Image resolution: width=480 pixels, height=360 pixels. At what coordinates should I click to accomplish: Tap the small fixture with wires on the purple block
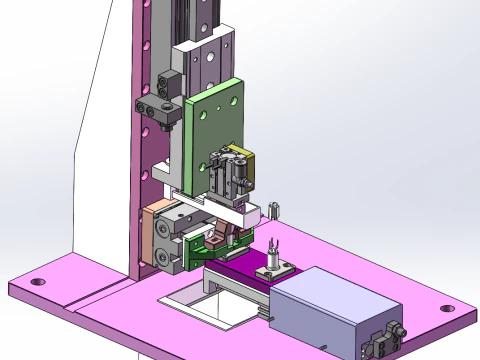tap(270, 262)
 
